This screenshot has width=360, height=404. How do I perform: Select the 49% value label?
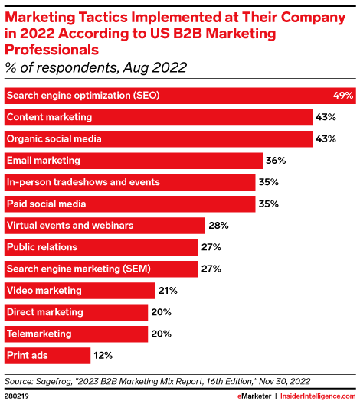coord(342,96)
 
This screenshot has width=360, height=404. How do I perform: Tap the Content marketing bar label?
coord(49,117)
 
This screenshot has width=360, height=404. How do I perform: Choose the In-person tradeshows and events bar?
coord(130,182)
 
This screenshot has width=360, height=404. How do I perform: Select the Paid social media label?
coord(47,204)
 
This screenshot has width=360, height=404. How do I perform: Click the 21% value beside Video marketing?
coord(169,291)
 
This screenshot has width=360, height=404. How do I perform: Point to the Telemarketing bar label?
coord(39,334)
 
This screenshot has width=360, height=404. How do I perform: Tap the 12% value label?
coord(103,356)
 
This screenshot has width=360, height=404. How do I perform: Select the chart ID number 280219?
coord(16,395)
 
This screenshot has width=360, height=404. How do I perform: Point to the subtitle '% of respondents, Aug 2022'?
coord(96,68)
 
